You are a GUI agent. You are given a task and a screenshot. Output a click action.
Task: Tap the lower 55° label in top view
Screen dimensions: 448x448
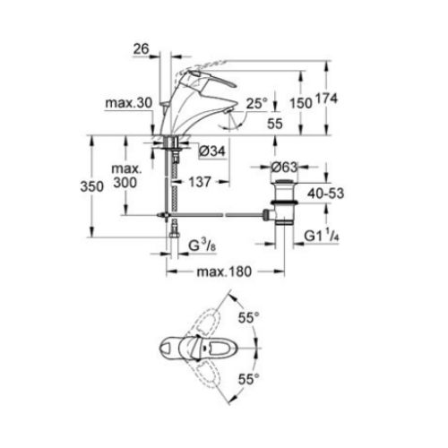[247, 381]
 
